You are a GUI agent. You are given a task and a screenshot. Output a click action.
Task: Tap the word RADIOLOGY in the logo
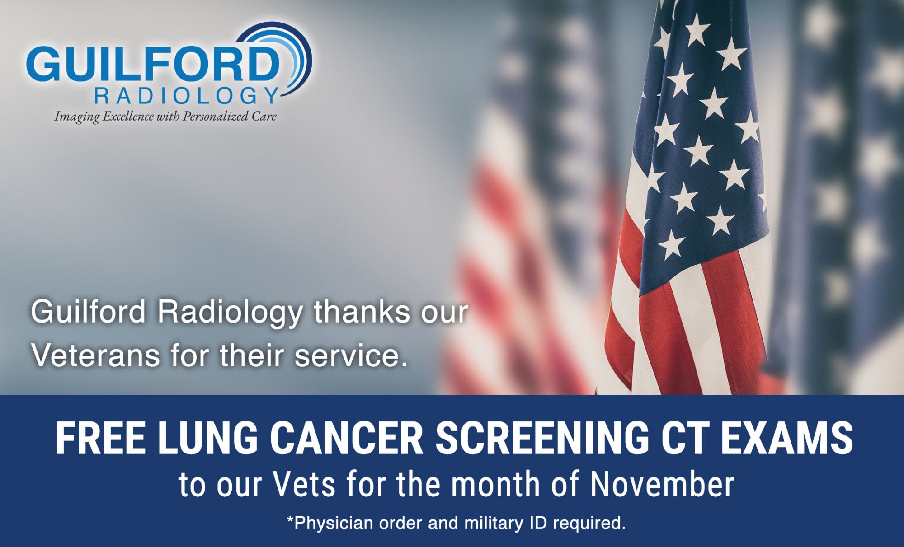[185, 96]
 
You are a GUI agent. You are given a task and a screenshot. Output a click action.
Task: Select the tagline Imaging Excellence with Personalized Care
[165, 117]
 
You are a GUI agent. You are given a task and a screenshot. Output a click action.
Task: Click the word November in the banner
[662, 484]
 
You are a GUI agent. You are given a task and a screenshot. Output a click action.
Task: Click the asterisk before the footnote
[290, 520]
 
